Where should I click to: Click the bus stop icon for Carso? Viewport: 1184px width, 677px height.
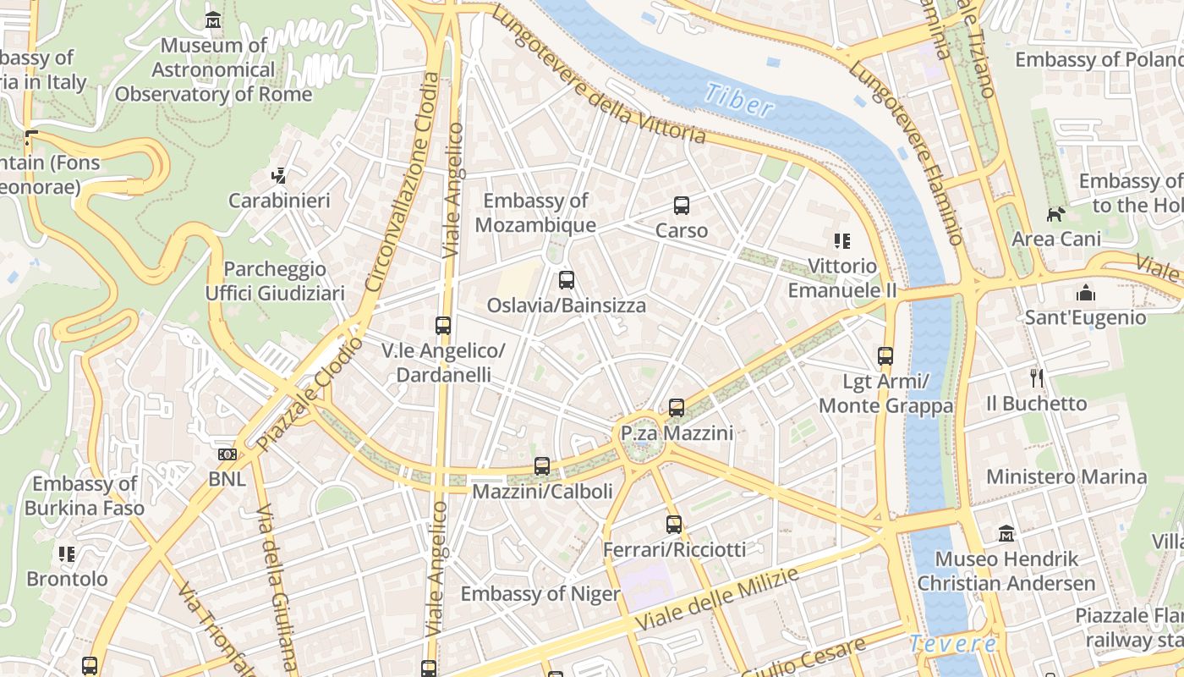(x=682, y=206)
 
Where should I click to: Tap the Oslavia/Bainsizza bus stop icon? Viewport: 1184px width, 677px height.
(x=567, y=280)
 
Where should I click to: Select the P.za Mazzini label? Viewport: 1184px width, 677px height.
(x=676, y=434)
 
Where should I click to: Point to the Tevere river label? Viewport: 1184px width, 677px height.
(x=953, y=644)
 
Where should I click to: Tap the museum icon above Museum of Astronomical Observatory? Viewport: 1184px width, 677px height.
(x=213, y=19)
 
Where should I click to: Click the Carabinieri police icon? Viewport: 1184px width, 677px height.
(x=279, y=176)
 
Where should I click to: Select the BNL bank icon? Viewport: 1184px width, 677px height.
(x=227, y=454)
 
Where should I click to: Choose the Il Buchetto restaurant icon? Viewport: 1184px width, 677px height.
(x=1037, y=377)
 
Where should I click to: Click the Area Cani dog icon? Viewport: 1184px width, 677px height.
(x=1055, y=214)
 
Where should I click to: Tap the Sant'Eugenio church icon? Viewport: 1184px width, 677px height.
(x=1085, y=294)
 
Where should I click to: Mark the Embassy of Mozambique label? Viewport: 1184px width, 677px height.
(x=535, y=213)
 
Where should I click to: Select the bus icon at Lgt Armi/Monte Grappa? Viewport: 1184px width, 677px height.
(x=885, y=356)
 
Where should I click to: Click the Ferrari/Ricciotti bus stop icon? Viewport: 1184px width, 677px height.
(x=674, y=525)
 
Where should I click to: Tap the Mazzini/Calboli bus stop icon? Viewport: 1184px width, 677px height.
(x=542, y=466)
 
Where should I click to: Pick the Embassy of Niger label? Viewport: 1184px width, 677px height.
(x=540, y=594)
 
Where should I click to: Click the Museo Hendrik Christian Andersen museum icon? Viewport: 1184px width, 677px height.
(x=1006, y=534)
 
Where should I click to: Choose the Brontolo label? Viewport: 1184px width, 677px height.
(x=68, y=580)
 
